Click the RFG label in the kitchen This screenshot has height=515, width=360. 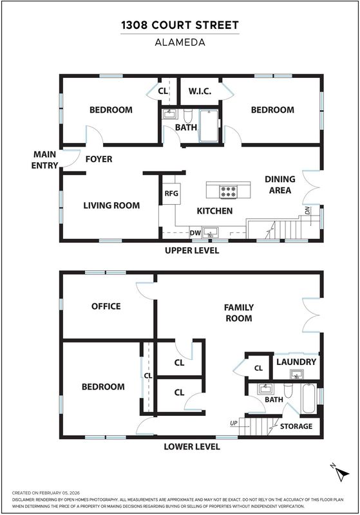click(171, 193)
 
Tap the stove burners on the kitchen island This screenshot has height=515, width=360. click(228, 191)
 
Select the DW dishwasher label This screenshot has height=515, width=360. click(195, 233)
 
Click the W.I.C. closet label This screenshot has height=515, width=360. click(200, 91)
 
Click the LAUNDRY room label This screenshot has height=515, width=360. click(296, 362)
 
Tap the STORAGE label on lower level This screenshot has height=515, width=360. click(296, 426)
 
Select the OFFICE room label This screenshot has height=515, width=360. click(106, 306)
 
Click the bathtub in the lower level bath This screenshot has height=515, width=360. click(308, 398)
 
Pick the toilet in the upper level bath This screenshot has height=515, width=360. click(187, 116)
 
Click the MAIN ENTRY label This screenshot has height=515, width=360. click(44, 160)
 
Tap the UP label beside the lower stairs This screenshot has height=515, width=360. click(234, 423)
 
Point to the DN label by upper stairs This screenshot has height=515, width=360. click(307, 211)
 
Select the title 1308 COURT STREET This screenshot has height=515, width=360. click(180, 25)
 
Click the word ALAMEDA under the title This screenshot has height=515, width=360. click(180, 42)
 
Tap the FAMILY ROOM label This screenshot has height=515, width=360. click(239, 313)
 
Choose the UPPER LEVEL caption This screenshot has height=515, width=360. click(192, 250)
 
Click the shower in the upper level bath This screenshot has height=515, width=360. click(209, 126)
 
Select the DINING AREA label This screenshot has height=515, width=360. click(280, 185)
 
